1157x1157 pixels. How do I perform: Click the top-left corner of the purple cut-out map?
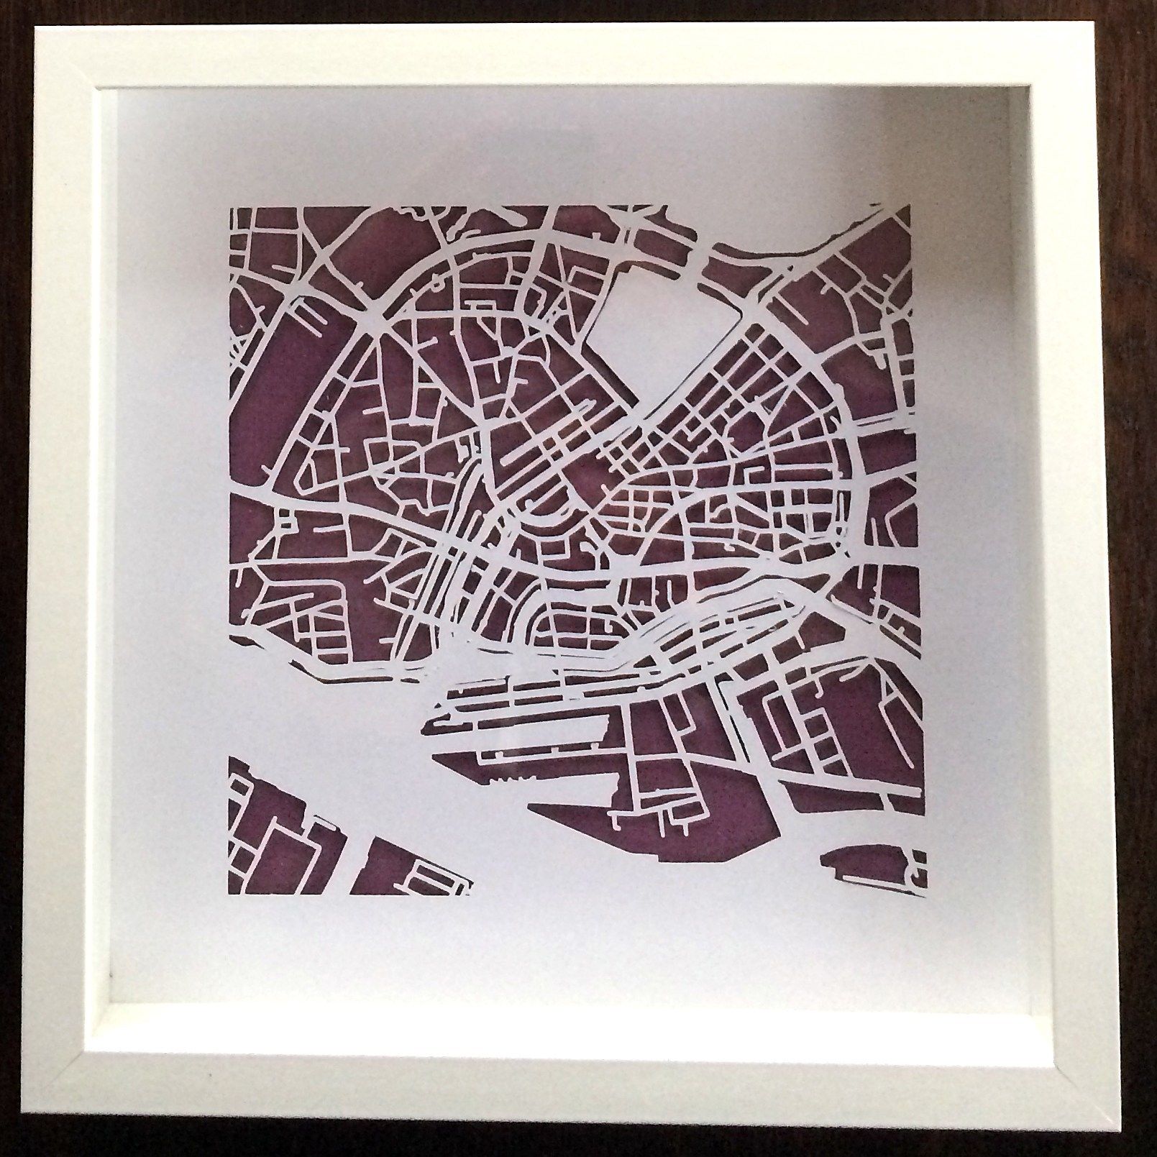click(x=231, y=208)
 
